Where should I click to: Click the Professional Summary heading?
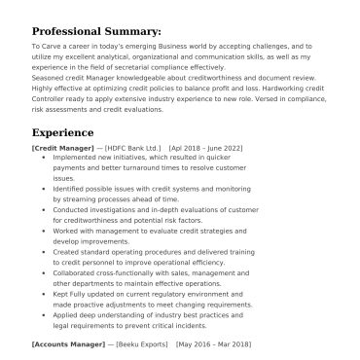[96, 31]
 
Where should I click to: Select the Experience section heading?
[62, 132]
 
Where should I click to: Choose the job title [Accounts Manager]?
[67, 344]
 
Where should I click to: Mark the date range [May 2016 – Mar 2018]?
[213, 344]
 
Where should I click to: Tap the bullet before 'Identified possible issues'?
[45, 186]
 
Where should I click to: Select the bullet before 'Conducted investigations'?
[45, 208]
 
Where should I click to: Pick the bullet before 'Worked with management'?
[45, 231]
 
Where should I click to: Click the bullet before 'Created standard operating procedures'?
[45, 253]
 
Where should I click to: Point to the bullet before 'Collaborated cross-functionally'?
[45, 275]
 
